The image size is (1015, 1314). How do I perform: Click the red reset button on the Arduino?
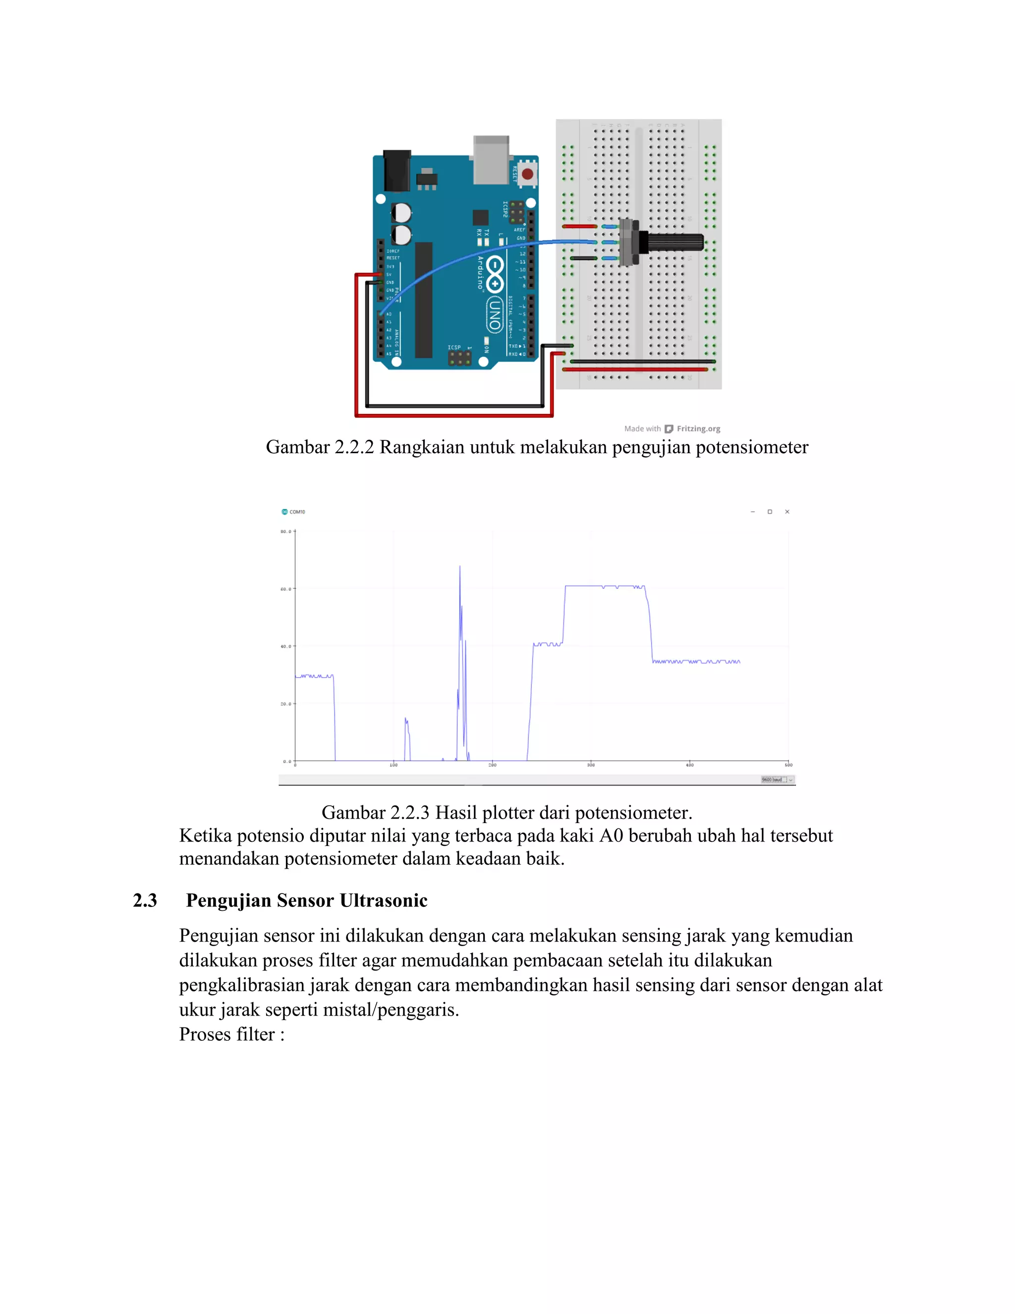click(527, 175)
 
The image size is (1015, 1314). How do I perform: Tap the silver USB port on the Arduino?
click(491, 160)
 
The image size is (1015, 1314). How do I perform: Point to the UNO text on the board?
click(494, 315)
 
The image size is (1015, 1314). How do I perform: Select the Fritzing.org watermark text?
click(698, 429)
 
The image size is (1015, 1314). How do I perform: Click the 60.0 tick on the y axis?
click(286, 589)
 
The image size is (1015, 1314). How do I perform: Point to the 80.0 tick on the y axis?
click(286, 532)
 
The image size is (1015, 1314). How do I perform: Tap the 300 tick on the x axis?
click(591, 765)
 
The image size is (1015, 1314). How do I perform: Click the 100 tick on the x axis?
click(394, 765)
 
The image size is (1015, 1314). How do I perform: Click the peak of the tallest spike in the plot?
click(460, 567)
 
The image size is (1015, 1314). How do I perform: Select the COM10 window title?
click(297, 512)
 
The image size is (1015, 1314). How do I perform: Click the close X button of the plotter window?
click(787, 512)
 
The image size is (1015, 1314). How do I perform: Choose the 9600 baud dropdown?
click(778, 780)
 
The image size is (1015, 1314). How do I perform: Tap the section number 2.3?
click(145, 900)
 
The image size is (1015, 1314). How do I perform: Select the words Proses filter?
click(226, 1034)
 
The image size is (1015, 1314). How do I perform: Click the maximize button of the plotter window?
click(770, 512)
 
